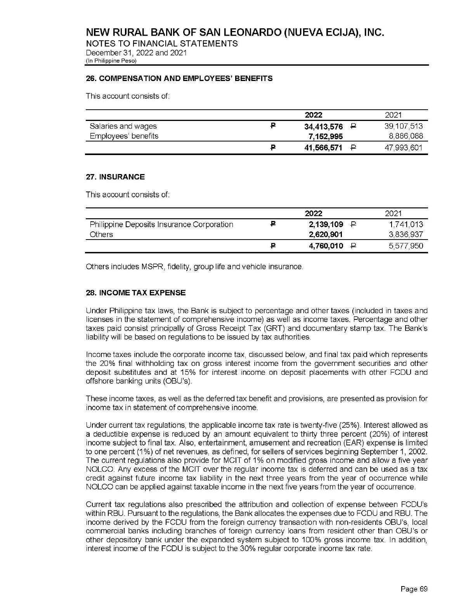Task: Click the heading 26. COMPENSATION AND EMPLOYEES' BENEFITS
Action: tap(179, 79)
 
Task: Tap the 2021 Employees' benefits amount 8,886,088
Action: tap(406, 136)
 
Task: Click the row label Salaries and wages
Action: tap(123, 126)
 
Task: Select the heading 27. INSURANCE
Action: tap(115, 177)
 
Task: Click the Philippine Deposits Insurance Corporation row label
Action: tap(161, 225)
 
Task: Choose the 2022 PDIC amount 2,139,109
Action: tap(326, 225)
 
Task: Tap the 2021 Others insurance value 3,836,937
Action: tap(406, 235)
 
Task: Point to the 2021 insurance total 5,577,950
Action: tap(406, 246)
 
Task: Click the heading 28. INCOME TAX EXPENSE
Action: tap(135, 293)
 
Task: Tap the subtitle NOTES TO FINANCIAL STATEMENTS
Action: tap(161, 43)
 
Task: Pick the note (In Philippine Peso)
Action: tap(111, 61)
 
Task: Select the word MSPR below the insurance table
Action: tap(147, 267)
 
